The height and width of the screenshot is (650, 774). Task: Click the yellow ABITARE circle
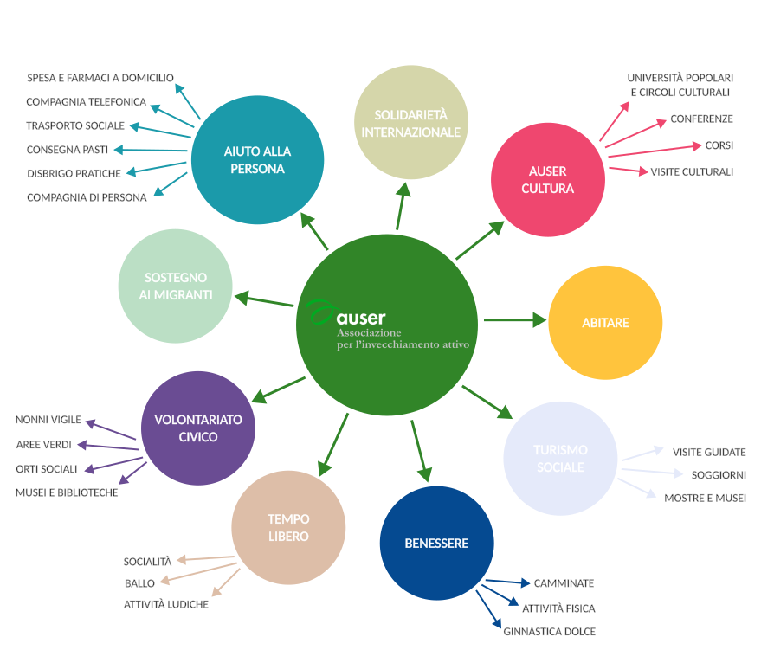tap(606, 323)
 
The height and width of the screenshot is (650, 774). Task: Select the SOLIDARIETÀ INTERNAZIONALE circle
tap(411, 123)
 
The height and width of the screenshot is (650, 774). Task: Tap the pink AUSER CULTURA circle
tap(547, 179)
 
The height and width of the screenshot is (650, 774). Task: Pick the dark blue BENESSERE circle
tap(436, 544)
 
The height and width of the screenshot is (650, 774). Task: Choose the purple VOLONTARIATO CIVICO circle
tap(198, 428)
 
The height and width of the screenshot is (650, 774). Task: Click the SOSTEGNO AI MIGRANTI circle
tap(175, 286)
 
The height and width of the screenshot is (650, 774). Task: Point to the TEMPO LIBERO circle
tap(288, 528)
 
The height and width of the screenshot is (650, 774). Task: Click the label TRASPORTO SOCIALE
tap(75, 125)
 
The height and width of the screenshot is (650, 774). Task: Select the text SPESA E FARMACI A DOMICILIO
tap(100, 78)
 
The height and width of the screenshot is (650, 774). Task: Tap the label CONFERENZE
tap(701, 119)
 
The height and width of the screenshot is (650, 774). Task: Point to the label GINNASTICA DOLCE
tap(549, 632)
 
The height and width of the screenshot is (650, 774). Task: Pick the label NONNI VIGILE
tap(48, 420)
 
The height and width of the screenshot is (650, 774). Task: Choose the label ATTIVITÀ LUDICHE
tap(166, 605)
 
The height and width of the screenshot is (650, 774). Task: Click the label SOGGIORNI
tap(719, 475)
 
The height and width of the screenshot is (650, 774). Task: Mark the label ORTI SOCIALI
tap(47, 469)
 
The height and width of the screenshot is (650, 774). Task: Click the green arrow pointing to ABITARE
tap(514, 320)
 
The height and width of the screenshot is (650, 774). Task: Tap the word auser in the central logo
tap(362, 318)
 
